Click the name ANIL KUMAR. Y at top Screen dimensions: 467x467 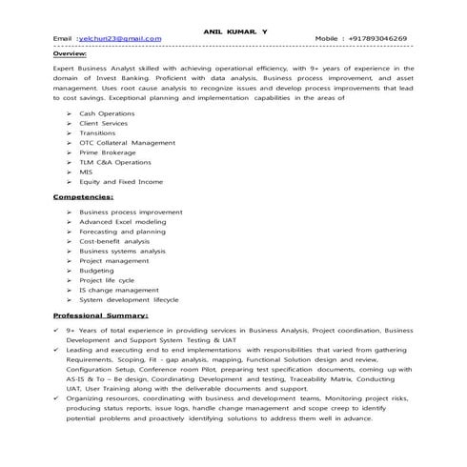[x=235, y=30]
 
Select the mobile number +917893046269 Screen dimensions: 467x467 [x=372, y=39]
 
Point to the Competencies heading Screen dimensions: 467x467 [x=83, y=196]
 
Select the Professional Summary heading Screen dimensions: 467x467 [x=100, y=315]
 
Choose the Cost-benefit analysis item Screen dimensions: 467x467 [x=114, y=241]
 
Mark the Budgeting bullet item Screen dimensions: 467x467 [x=96, y=271]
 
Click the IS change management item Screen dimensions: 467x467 [x=119, y=291]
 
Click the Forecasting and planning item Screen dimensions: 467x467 [x=122, y=232]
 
